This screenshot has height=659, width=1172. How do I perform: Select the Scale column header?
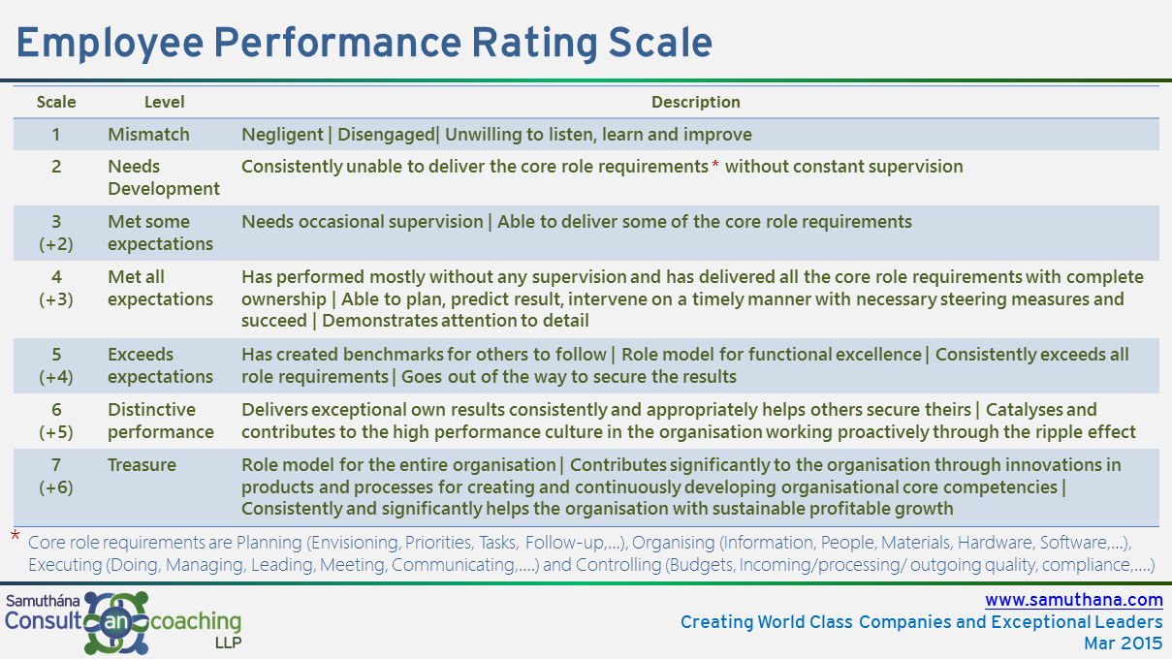point(56,102)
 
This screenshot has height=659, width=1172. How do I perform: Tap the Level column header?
point(164,102)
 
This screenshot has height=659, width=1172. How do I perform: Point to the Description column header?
point(695,102)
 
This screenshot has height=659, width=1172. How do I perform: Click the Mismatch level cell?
point(148,135)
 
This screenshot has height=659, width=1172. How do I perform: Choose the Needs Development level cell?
point(163,177)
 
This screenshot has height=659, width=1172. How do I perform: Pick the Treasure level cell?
point(142,465)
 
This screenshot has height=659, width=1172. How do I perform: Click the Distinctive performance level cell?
point(161,421)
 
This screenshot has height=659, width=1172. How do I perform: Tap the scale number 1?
point(56,135)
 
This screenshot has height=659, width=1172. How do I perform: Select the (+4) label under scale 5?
point(56,377)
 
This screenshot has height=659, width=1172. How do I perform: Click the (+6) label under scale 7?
point(56,487)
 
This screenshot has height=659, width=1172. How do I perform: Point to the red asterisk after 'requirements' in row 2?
point(715,166)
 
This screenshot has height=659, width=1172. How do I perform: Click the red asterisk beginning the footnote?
point(16,535)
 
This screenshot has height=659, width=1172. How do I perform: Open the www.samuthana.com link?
point(1074,600)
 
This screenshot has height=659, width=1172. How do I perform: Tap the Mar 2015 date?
point(1123,643)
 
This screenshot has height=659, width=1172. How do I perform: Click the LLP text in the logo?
point(228,643)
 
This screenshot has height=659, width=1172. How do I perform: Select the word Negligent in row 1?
point(282,135)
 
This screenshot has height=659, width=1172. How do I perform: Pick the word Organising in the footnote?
point(674,543)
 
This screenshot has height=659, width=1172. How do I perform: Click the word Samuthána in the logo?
point(43,601)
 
